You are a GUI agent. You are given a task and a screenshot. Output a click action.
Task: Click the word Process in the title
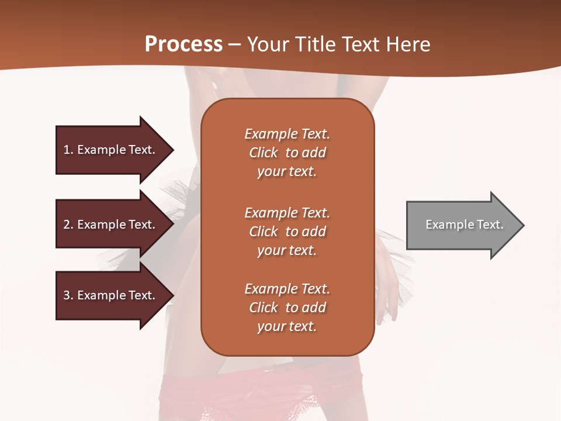(183, 44)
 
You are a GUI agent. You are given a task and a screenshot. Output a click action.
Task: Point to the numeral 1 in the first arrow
(67, 150)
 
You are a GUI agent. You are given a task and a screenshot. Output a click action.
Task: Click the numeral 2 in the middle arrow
(67, 225)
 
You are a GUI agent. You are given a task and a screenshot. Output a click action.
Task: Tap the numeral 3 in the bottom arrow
(67, 295)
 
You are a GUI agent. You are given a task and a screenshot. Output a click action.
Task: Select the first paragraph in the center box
(287, 153)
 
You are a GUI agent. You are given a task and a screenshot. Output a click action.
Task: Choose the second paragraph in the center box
(287, 231)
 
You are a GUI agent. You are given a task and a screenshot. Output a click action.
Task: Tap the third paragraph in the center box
(287, 308)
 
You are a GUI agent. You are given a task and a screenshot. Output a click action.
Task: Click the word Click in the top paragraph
(264, 153)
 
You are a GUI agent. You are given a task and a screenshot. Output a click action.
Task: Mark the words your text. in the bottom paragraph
(287, 327)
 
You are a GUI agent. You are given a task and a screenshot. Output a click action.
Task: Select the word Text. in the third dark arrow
(142, 295)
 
